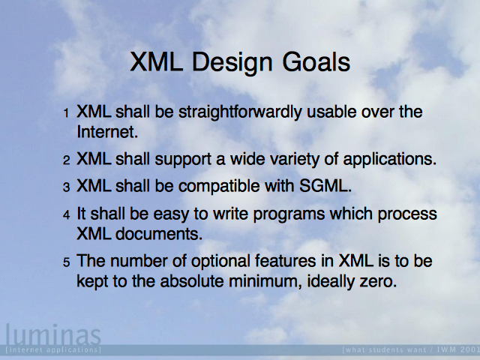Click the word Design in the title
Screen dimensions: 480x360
pyautogui.click(x=232, y=63)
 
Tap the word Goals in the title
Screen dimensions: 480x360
pyautogui.click(x=316, y=62)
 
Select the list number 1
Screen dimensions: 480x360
pyautogui.click(x=66, y=113)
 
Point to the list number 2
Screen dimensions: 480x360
pyautogui.click(x=67, y=160)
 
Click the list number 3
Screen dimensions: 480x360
pyautogui.click(x=67, y=187)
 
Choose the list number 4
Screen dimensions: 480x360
pyautogui.click(x=67, y=215)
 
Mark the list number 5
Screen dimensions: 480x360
pyautogui.click(x=67, y=262)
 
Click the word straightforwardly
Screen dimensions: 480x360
pyautogui.click(x=240, y=112)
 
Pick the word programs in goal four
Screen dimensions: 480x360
pyautogui.click(x=289, y=214)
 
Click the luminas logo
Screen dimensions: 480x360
pyautogui.click(x=53, y=335)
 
